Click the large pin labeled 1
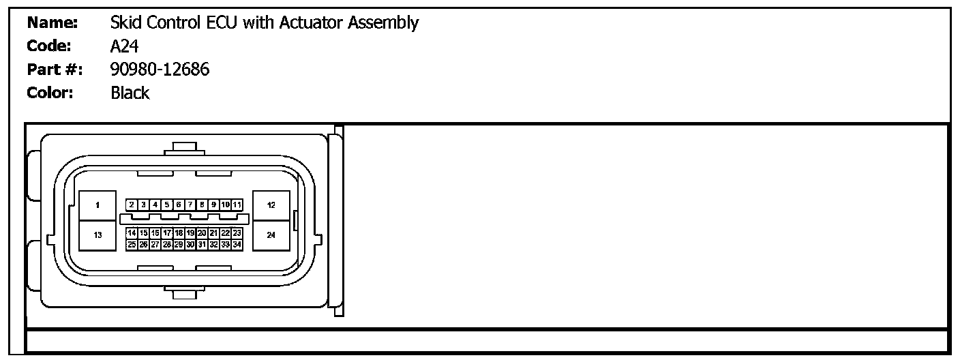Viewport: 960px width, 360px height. [97, 205]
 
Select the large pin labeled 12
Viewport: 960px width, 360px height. [271, 205]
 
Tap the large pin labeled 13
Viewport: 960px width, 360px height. [97, 235]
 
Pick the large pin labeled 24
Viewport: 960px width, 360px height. [271, 235]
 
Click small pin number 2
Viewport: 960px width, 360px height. [132, 205]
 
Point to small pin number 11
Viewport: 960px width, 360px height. [237, 205]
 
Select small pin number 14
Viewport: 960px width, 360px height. [132, 233]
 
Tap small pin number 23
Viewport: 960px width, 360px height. [237, 233]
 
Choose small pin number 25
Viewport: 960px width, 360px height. [132, 244]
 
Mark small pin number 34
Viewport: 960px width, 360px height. [237, 244]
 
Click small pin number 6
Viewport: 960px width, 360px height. [178, 205]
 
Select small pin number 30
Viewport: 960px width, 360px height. [190, 244]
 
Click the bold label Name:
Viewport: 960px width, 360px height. [52, 22]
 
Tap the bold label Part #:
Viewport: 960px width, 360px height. [55, 69]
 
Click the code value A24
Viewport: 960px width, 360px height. [125, 46]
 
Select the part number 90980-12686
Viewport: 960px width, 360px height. [160, 69]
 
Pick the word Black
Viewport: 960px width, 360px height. [130, 93]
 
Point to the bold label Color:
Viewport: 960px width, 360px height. [50, 93]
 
